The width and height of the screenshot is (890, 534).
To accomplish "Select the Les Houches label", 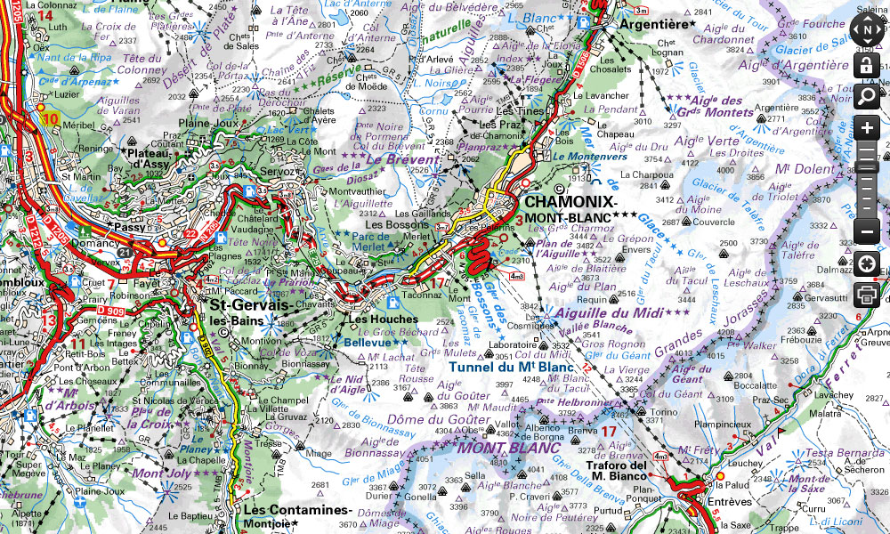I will pyautogui.click(x=383, y=319).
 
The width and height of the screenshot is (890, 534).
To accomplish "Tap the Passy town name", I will pyautogui.click(x=130, y=228).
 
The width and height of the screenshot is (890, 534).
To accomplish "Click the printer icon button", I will pyautogui.click(x=868, y=294).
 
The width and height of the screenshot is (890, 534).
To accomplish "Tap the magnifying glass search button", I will pyautogui.click(x=868, y=95).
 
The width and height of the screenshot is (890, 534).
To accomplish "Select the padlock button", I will pyautogui.click(x=868, y=65).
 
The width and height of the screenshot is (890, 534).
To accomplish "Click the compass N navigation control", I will pyautogui.click(x=868, y=29).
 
